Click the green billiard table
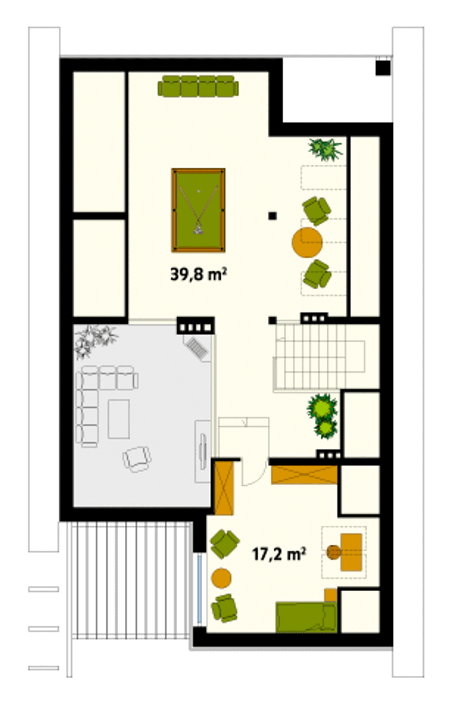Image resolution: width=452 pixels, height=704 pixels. (x=198, y=210)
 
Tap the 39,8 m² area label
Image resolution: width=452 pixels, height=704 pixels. (x=198, y=274)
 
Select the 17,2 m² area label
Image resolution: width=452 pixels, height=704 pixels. (x=279, y=554)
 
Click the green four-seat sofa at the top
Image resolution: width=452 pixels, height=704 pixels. (x=198, y=86)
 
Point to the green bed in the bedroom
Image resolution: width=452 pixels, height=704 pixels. (x=306, y=617)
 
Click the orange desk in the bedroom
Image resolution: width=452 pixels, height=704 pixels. (x=351, y=552)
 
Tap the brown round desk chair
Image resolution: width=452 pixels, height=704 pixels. (x=333, y=552)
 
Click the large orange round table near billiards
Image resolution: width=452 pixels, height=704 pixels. (x=307, y=242)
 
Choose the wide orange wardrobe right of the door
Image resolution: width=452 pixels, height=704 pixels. (x=304, y=475)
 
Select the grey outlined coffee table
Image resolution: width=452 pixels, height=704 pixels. (x=119, y=419)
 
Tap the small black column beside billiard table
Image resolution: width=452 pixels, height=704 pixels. (x=273, y=216)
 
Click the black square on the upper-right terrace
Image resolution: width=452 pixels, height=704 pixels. (x=383, y=68)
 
